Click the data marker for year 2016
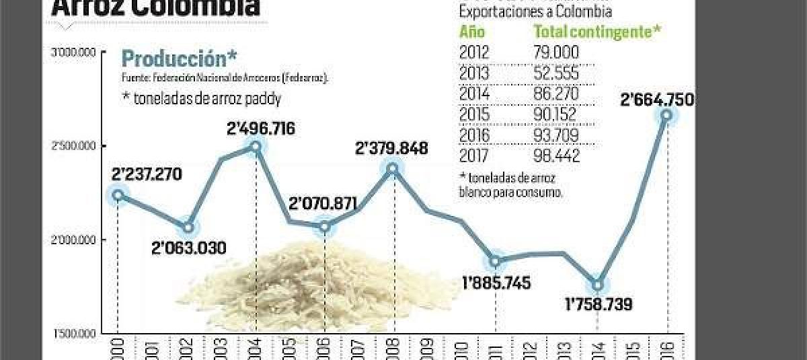(x=666, y=115)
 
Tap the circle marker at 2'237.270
(x=118, y=195)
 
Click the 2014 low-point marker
(x=597, y=285)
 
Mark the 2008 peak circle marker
(x=393, y=168)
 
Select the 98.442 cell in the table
(x=555, y=156)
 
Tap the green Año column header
(x=472, y=31)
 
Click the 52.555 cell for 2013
(x=555, y=73)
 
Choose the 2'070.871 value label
(x=323, y=204)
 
